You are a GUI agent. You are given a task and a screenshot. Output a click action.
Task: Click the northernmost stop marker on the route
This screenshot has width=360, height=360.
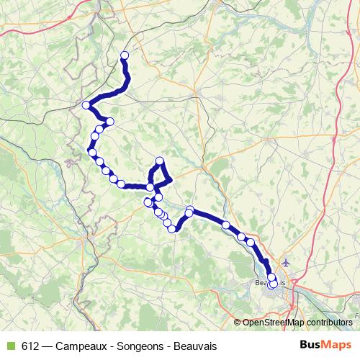tap(125, 55)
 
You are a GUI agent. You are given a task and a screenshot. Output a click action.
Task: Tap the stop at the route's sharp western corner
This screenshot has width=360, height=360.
tap(86, 105)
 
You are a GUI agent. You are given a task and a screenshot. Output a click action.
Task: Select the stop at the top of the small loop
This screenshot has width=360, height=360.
tap(160, 161)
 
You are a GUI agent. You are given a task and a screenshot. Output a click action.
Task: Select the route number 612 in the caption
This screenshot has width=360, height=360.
tap(31, 345)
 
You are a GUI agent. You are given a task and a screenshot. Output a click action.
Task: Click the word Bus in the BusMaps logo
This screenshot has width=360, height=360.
tap(308, 344)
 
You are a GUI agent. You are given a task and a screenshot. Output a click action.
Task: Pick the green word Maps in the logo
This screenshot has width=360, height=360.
tap(336, 344)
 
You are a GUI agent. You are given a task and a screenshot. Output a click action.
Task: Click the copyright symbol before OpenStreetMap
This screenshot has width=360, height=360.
tap(238, 323)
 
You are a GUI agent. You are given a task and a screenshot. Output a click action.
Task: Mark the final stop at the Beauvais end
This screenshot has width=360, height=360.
tap(273, 284)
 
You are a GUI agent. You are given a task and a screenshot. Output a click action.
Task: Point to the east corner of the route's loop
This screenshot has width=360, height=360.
tap(170, 179)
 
